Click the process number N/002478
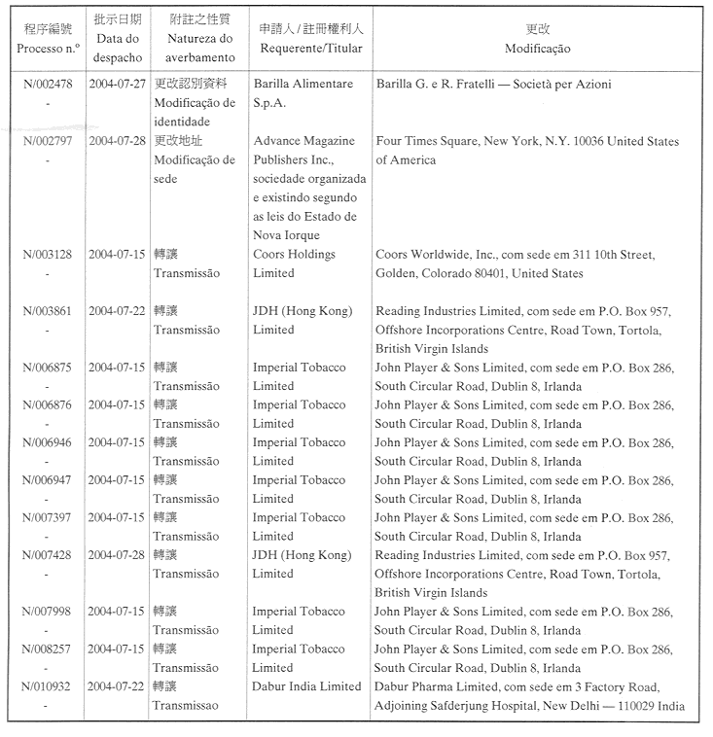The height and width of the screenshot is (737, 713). (x=47, y=85)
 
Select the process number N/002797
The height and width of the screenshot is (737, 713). (x=47, y=141)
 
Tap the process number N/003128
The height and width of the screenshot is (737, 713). (x=47, y=255)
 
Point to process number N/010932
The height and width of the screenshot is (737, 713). (x=47, y=686)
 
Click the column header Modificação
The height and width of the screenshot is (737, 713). (x=537, y=49)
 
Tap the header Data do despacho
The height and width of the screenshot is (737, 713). (x=118, y=49)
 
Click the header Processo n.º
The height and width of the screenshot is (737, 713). (x=47, y=49)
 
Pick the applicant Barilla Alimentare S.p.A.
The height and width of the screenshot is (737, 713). (x=302, y=93)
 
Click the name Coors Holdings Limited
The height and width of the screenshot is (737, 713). (x=294, y=263)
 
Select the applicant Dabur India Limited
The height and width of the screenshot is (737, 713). (x=306, y=686)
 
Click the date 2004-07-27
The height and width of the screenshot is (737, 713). (x=118, y=85)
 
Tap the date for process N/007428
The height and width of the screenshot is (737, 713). (x=118, y=555)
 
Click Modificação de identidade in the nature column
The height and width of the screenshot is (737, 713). (x=195, y=113)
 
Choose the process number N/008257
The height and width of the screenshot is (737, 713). (x=47, y=649)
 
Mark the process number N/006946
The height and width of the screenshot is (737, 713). (x=47, y=442)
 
